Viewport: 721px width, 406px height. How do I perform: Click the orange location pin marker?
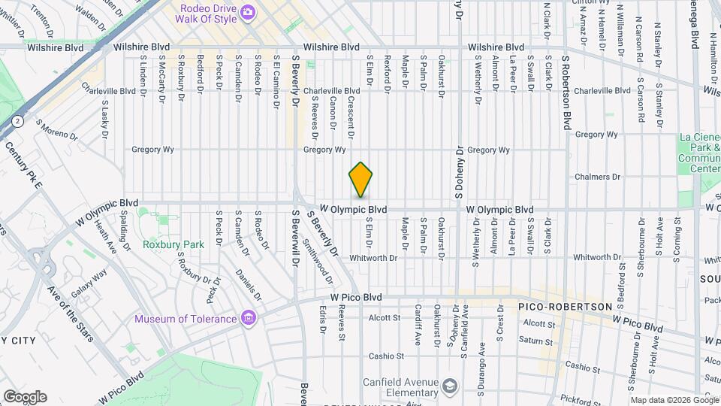pos(360,180)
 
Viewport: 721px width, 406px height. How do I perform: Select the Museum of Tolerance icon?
pos(249,319)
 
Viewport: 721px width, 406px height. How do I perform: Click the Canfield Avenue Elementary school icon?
pos(449,386)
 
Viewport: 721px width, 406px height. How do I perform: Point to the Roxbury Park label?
pos(173,245)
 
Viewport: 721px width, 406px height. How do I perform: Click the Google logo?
pos(25,396)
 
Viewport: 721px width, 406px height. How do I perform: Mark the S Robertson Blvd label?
pos(567,90)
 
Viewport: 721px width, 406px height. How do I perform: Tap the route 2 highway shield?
pos(16,120)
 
